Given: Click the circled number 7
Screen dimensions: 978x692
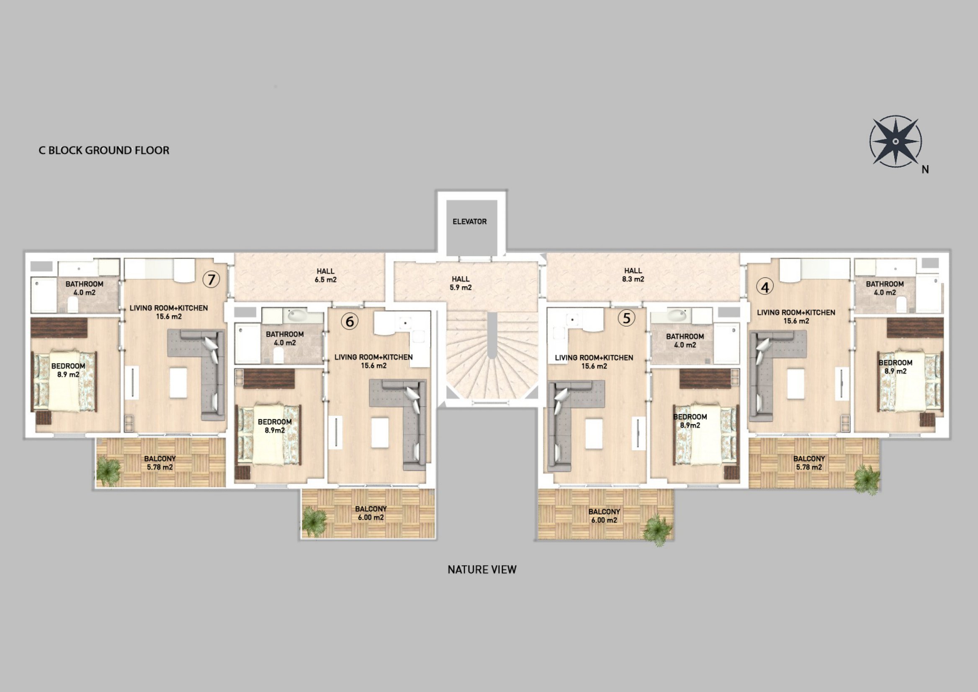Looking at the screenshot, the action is point(211,279).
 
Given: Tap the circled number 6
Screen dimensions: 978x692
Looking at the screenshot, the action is point(350,322).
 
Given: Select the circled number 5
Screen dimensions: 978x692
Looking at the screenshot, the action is point(626,318).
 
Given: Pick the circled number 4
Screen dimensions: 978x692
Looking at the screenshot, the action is point(765,287).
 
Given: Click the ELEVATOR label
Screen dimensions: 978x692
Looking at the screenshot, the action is point(469,222).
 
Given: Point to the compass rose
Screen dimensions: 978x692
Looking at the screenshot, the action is point(896,141).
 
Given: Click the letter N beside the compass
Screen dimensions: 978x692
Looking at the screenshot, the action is point(925,169).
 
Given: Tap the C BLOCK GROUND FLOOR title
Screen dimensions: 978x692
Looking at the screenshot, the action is point(104,151).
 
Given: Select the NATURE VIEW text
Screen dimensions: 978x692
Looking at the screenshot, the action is point(482,570).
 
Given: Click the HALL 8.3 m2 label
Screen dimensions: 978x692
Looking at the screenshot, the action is point(633,275).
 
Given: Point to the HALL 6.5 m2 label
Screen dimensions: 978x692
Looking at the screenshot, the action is point(325,275).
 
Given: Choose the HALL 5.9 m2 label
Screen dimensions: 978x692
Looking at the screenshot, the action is point(461,283).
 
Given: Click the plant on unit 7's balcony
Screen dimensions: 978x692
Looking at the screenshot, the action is point(109,470).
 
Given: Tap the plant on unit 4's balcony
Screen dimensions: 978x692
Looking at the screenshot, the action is point(867,480).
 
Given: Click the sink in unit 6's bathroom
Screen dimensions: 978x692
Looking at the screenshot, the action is point(297,316).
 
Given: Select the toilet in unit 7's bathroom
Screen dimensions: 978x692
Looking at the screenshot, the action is point(72,304).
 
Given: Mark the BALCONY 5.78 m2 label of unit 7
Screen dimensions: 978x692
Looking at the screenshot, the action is point(160,463).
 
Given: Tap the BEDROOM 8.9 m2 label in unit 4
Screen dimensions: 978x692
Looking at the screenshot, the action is point(895,367).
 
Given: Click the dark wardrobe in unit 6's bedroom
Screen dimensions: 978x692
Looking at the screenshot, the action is point(269,379).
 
